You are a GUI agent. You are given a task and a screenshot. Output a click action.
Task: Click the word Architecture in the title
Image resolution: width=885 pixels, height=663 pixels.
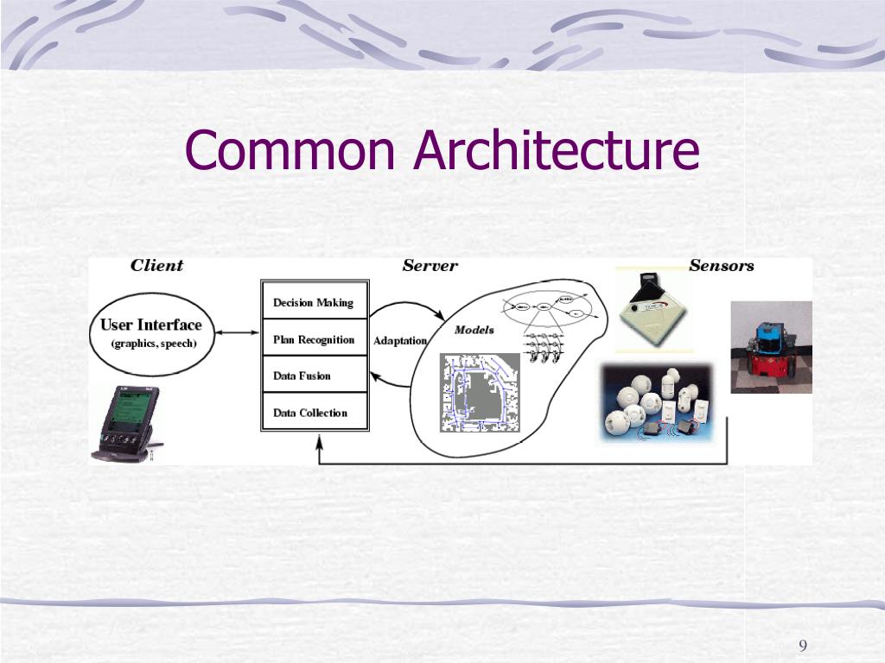(556, 150)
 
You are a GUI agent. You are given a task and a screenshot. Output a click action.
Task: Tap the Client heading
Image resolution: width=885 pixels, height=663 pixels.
(156, 265)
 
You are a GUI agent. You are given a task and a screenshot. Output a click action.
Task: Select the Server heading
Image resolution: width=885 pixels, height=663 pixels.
(430, 265)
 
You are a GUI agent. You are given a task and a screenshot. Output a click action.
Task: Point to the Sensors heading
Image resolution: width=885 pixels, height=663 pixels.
(721, 265)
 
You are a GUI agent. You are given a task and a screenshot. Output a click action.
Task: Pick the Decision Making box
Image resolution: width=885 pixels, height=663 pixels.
(315, 302)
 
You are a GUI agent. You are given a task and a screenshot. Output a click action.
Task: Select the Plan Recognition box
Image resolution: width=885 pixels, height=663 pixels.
(315, 339)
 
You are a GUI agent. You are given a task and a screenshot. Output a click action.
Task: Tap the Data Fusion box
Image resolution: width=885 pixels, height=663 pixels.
(315, 376)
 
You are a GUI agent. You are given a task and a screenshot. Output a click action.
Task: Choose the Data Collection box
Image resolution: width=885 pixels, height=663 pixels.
(315, 413)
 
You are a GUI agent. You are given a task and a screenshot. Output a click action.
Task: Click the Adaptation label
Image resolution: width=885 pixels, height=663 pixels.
(400, 341)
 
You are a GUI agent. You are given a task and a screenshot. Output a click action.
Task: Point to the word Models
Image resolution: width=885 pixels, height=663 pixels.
(474, 330)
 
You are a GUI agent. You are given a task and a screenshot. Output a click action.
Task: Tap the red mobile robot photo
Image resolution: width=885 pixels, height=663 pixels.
(770, 348)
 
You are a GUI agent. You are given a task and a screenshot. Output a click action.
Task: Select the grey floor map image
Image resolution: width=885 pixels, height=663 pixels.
(480, 393)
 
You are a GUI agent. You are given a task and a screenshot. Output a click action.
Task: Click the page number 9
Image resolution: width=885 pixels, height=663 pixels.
(803, 647)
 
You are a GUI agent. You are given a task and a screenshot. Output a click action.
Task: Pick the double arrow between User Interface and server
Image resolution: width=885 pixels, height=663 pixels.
(235, 331)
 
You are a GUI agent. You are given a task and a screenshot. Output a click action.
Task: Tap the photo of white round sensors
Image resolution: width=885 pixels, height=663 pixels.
(657, 403)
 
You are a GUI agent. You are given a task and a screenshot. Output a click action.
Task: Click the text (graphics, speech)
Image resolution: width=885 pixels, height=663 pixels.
(154, 344)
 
